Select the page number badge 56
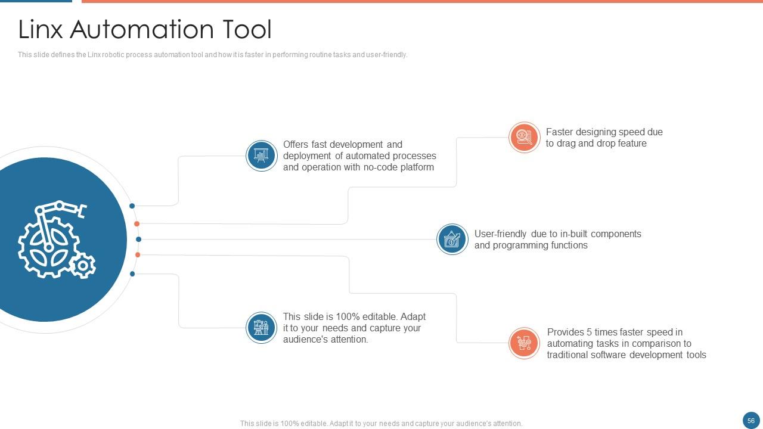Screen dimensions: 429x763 [x=751, y=421]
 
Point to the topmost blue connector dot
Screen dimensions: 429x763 [x=132, y=206]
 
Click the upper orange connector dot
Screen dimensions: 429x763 [x=137, y=224]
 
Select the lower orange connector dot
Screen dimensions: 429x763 [x=138, y=255]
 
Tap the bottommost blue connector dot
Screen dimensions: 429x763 [x=132, y=274]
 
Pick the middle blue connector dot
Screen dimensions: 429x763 [x=138, y=240]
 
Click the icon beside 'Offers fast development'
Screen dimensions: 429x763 [x=261, y=156]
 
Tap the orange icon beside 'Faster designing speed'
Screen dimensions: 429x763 [x=524, y=138]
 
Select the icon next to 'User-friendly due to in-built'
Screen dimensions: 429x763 [x=452, y=240]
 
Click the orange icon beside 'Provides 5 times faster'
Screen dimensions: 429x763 [x=524, y=343]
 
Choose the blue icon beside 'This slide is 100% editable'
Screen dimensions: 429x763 [x=261, y=328]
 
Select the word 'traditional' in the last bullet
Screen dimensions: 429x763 [x=568, y=355]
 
